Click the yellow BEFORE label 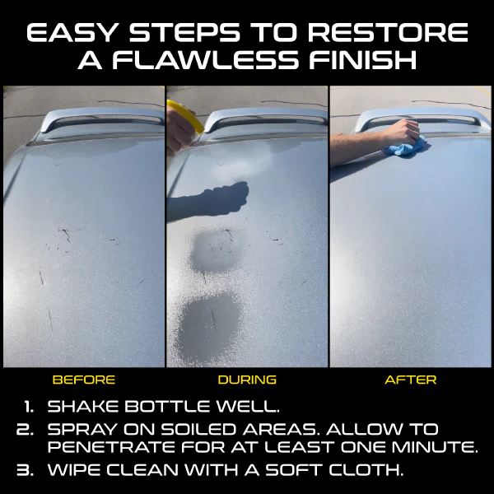[x=84, y=380]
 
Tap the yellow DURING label [x=247, y=380]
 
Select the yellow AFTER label [x=411, y=380]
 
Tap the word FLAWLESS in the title [x=205, y=60]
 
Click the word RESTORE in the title [x=388, y=32]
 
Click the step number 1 [x=29, y=407]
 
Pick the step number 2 [x=25, y=430]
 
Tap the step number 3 [x=25, y=470]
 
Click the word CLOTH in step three [x=366, y=470]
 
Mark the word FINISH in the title [x=363, y=60]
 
